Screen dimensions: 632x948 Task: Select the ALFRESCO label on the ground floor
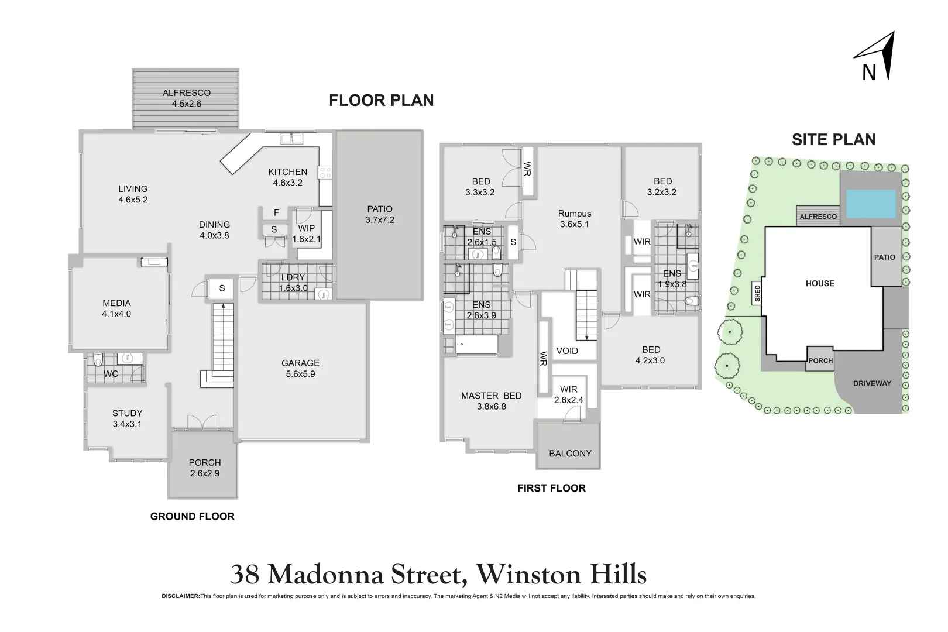(187, 98)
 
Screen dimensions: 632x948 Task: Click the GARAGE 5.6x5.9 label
(300, 368)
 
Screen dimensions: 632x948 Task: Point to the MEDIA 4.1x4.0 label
(116, 308)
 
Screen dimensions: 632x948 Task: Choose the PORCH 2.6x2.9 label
(205, 468)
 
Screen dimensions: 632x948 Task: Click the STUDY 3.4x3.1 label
(127, 418)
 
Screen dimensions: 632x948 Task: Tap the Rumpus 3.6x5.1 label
(575, 219)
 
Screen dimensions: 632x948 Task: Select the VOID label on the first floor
(567, 351)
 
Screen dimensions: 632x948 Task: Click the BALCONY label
(570, 454)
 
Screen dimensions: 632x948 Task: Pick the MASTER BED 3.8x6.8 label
(491, 401)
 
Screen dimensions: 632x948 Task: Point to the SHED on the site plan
(757, 293)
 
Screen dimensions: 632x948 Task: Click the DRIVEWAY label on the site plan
(872, 383)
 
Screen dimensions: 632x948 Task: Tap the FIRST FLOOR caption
(551, 488)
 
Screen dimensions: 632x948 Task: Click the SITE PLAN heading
(833, 139)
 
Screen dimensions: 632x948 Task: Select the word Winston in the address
(527, 575)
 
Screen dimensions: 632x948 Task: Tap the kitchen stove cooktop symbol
(325, 173)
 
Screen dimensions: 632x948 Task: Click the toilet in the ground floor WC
(98, 358)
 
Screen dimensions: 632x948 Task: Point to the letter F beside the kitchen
(276, 213)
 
